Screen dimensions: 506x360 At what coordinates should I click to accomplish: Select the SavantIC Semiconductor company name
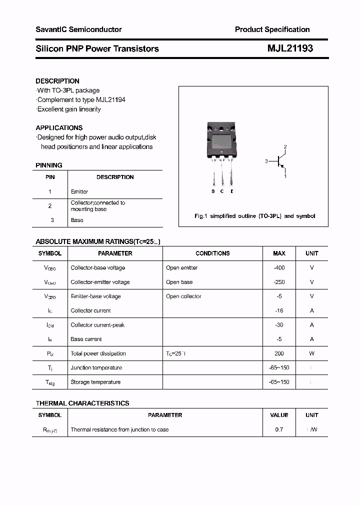(x=78, y=29)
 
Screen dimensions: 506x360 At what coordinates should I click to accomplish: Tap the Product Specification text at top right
(x=272, y=29)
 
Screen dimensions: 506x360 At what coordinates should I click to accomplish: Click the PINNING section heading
(x=49, y=165)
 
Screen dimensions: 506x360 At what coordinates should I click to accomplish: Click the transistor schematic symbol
(x=280, y=161)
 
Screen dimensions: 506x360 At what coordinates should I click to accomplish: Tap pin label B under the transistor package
(x=213, y=191)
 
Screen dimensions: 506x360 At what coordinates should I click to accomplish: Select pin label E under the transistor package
(x=232, y=191)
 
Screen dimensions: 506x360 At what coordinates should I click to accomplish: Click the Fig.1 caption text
(x=254, y=216)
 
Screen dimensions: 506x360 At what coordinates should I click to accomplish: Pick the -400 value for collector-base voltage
(x=279, y=267)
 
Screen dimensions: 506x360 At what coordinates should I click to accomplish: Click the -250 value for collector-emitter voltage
(x=279, y=282)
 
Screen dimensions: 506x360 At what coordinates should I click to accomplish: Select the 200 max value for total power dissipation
(x=279, y=353)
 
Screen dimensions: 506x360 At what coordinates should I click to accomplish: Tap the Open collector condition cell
(x=183, y=296)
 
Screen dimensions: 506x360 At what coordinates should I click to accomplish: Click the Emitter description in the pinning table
(x=79, y=191)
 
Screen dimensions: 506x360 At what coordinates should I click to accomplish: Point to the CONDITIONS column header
(x=212, y=253)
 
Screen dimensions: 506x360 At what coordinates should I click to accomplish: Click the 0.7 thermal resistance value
(x=279, y=429)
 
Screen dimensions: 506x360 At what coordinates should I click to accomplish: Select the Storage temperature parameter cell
(x=95, y=382)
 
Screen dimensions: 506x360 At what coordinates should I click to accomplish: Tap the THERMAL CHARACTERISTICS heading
(x=82, y=403)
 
